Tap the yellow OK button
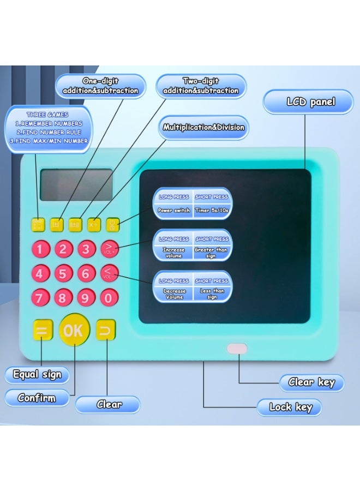pyautogui.click(x=74, y=330)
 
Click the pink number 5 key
pyautogui.click(x=63, y=273)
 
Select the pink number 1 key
pyautogui.click(x=40, y=250)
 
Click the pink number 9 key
pyautogui.click(x=86, y=298)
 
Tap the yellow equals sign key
pyautogui.click(x=41, y=331)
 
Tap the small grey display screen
pyautogui.click(x=76, y=185)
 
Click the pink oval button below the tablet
pyautogui.click(x=237, y=349)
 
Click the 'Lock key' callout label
pyautogui.click(x=291, y=407)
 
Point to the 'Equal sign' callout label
pyautogui.click(x=37, y=375)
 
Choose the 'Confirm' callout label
pyautogui.click(x=37, y=398)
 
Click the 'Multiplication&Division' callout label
pyautogui.click(x=203, y=128)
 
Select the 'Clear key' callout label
pyautogui.click(x=311, y=382)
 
